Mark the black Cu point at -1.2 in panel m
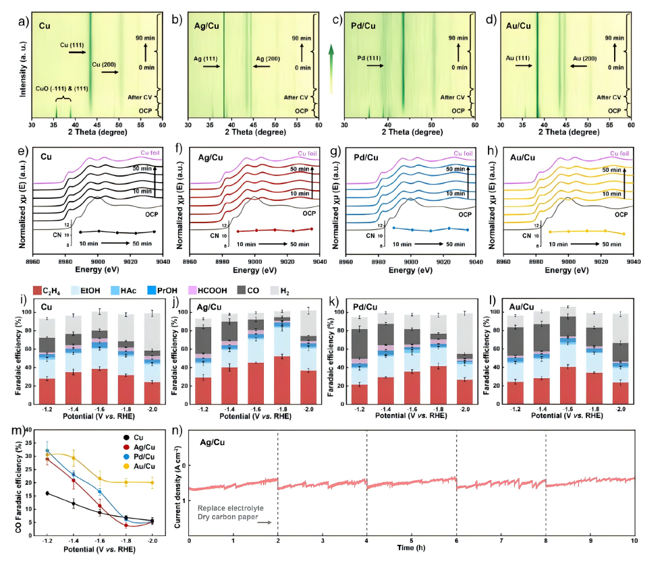(x=47, y=493)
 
